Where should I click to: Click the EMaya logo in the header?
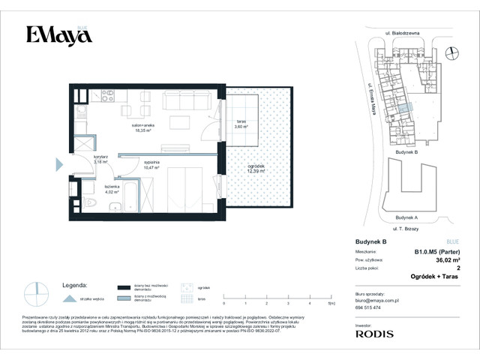pos(54,34)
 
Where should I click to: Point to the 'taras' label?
pos(241,124)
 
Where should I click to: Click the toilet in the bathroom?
pos(90,203)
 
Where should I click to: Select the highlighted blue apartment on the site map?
pos(406,111)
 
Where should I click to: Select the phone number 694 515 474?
pos(367,307)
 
